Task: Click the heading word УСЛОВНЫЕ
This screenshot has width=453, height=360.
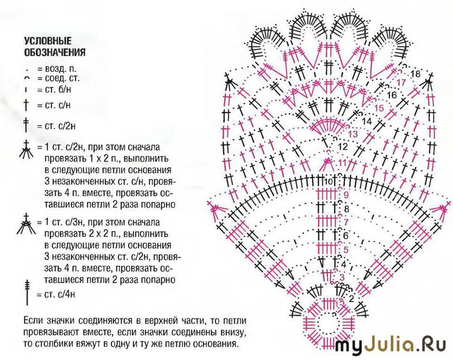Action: pos(47,41)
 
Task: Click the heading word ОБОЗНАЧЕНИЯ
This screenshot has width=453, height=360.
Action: pos(55,52)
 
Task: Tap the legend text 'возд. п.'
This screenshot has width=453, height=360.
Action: pos(61,69)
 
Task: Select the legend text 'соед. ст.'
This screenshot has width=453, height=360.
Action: pos(62,78)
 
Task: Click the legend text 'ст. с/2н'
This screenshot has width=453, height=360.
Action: pos(60,126)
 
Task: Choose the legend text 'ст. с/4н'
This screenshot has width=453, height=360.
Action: pos(60,294)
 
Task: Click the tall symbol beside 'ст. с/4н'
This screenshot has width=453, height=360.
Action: pos(27,292)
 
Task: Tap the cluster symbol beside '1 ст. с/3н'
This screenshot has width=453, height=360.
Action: pos(26,224)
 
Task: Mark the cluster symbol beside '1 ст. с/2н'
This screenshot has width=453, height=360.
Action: pos(26,149)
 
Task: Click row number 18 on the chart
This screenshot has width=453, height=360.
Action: pos(415,74)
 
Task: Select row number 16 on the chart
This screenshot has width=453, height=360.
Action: pos(392,95)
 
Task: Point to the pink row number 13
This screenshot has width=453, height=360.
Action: pos(353,134)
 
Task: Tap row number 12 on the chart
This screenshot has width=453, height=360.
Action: pos(343,147)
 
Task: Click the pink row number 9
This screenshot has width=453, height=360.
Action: pos(346,195)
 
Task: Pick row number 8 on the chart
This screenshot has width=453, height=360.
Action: pos(347,209)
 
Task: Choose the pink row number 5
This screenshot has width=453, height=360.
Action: pos(346,250)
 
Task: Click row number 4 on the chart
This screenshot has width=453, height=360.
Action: pos(344,265)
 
